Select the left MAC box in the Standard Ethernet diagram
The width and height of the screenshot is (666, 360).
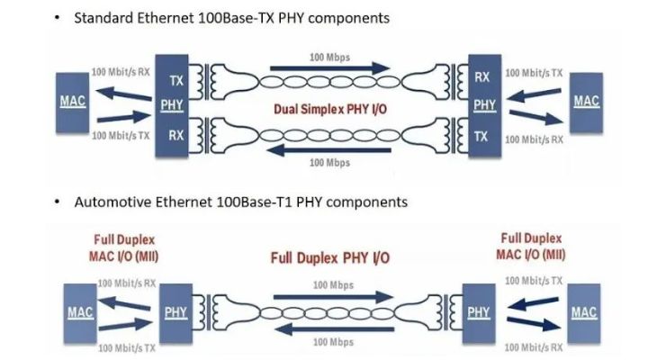coord(73,102)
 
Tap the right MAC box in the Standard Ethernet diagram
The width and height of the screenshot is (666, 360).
coord(586,102)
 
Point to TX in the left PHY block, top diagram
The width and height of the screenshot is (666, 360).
coord(177,81)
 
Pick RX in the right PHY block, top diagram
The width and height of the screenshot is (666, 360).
coord(482,79)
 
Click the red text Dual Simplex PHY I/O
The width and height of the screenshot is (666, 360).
coord(331,111)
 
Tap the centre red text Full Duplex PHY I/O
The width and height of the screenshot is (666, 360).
coord(329,258)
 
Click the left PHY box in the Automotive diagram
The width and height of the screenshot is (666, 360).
coord(176,313)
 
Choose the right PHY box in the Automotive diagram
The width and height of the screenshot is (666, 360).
coord(480,313)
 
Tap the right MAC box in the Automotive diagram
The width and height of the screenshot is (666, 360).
coord(584,312)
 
